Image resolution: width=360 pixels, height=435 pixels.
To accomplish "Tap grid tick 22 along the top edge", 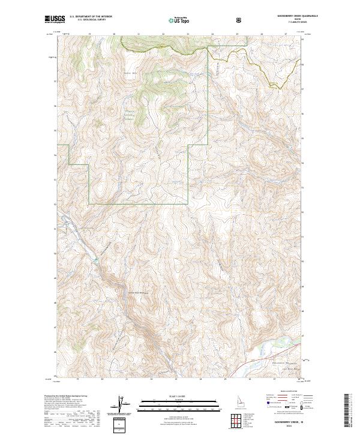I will pos(163,34).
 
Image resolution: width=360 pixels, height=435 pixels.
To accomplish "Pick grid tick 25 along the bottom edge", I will pos(226,379).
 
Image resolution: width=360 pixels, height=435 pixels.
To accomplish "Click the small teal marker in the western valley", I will pos(94,259).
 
